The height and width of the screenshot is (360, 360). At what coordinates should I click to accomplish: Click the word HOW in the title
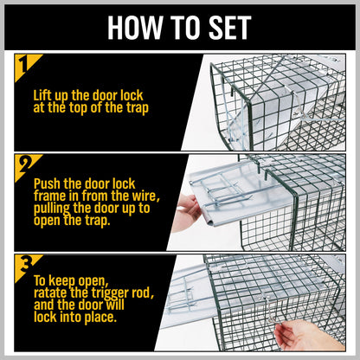pyautogui.click(x=131, y=26)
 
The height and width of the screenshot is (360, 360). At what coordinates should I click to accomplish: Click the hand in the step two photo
pyautogui.click(x=184, y=212)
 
